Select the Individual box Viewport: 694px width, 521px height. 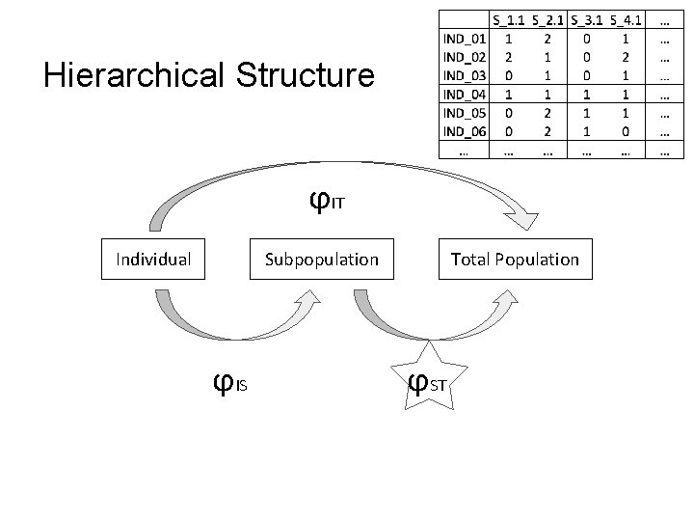coord(153,259)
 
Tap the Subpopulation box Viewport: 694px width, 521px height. coord(322,259)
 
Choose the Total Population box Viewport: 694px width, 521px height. coord(515,259)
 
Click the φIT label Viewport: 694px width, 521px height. coord(326,201)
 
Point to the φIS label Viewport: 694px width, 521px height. coord(229,384)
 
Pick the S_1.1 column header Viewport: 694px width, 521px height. coord(509,19)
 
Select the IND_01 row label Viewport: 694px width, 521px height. coord(465,40)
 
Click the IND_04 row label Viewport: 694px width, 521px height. coord(465,95)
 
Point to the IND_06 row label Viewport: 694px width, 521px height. coord(465,131)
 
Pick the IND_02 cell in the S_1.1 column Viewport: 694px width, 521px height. coord(509,58)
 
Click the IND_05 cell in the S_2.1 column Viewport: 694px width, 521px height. coord(547,113)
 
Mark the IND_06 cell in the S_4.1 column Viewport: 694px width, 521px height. coord(626,131)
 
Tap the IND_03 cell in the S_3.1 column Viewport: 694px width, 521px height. coord(586,76)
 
